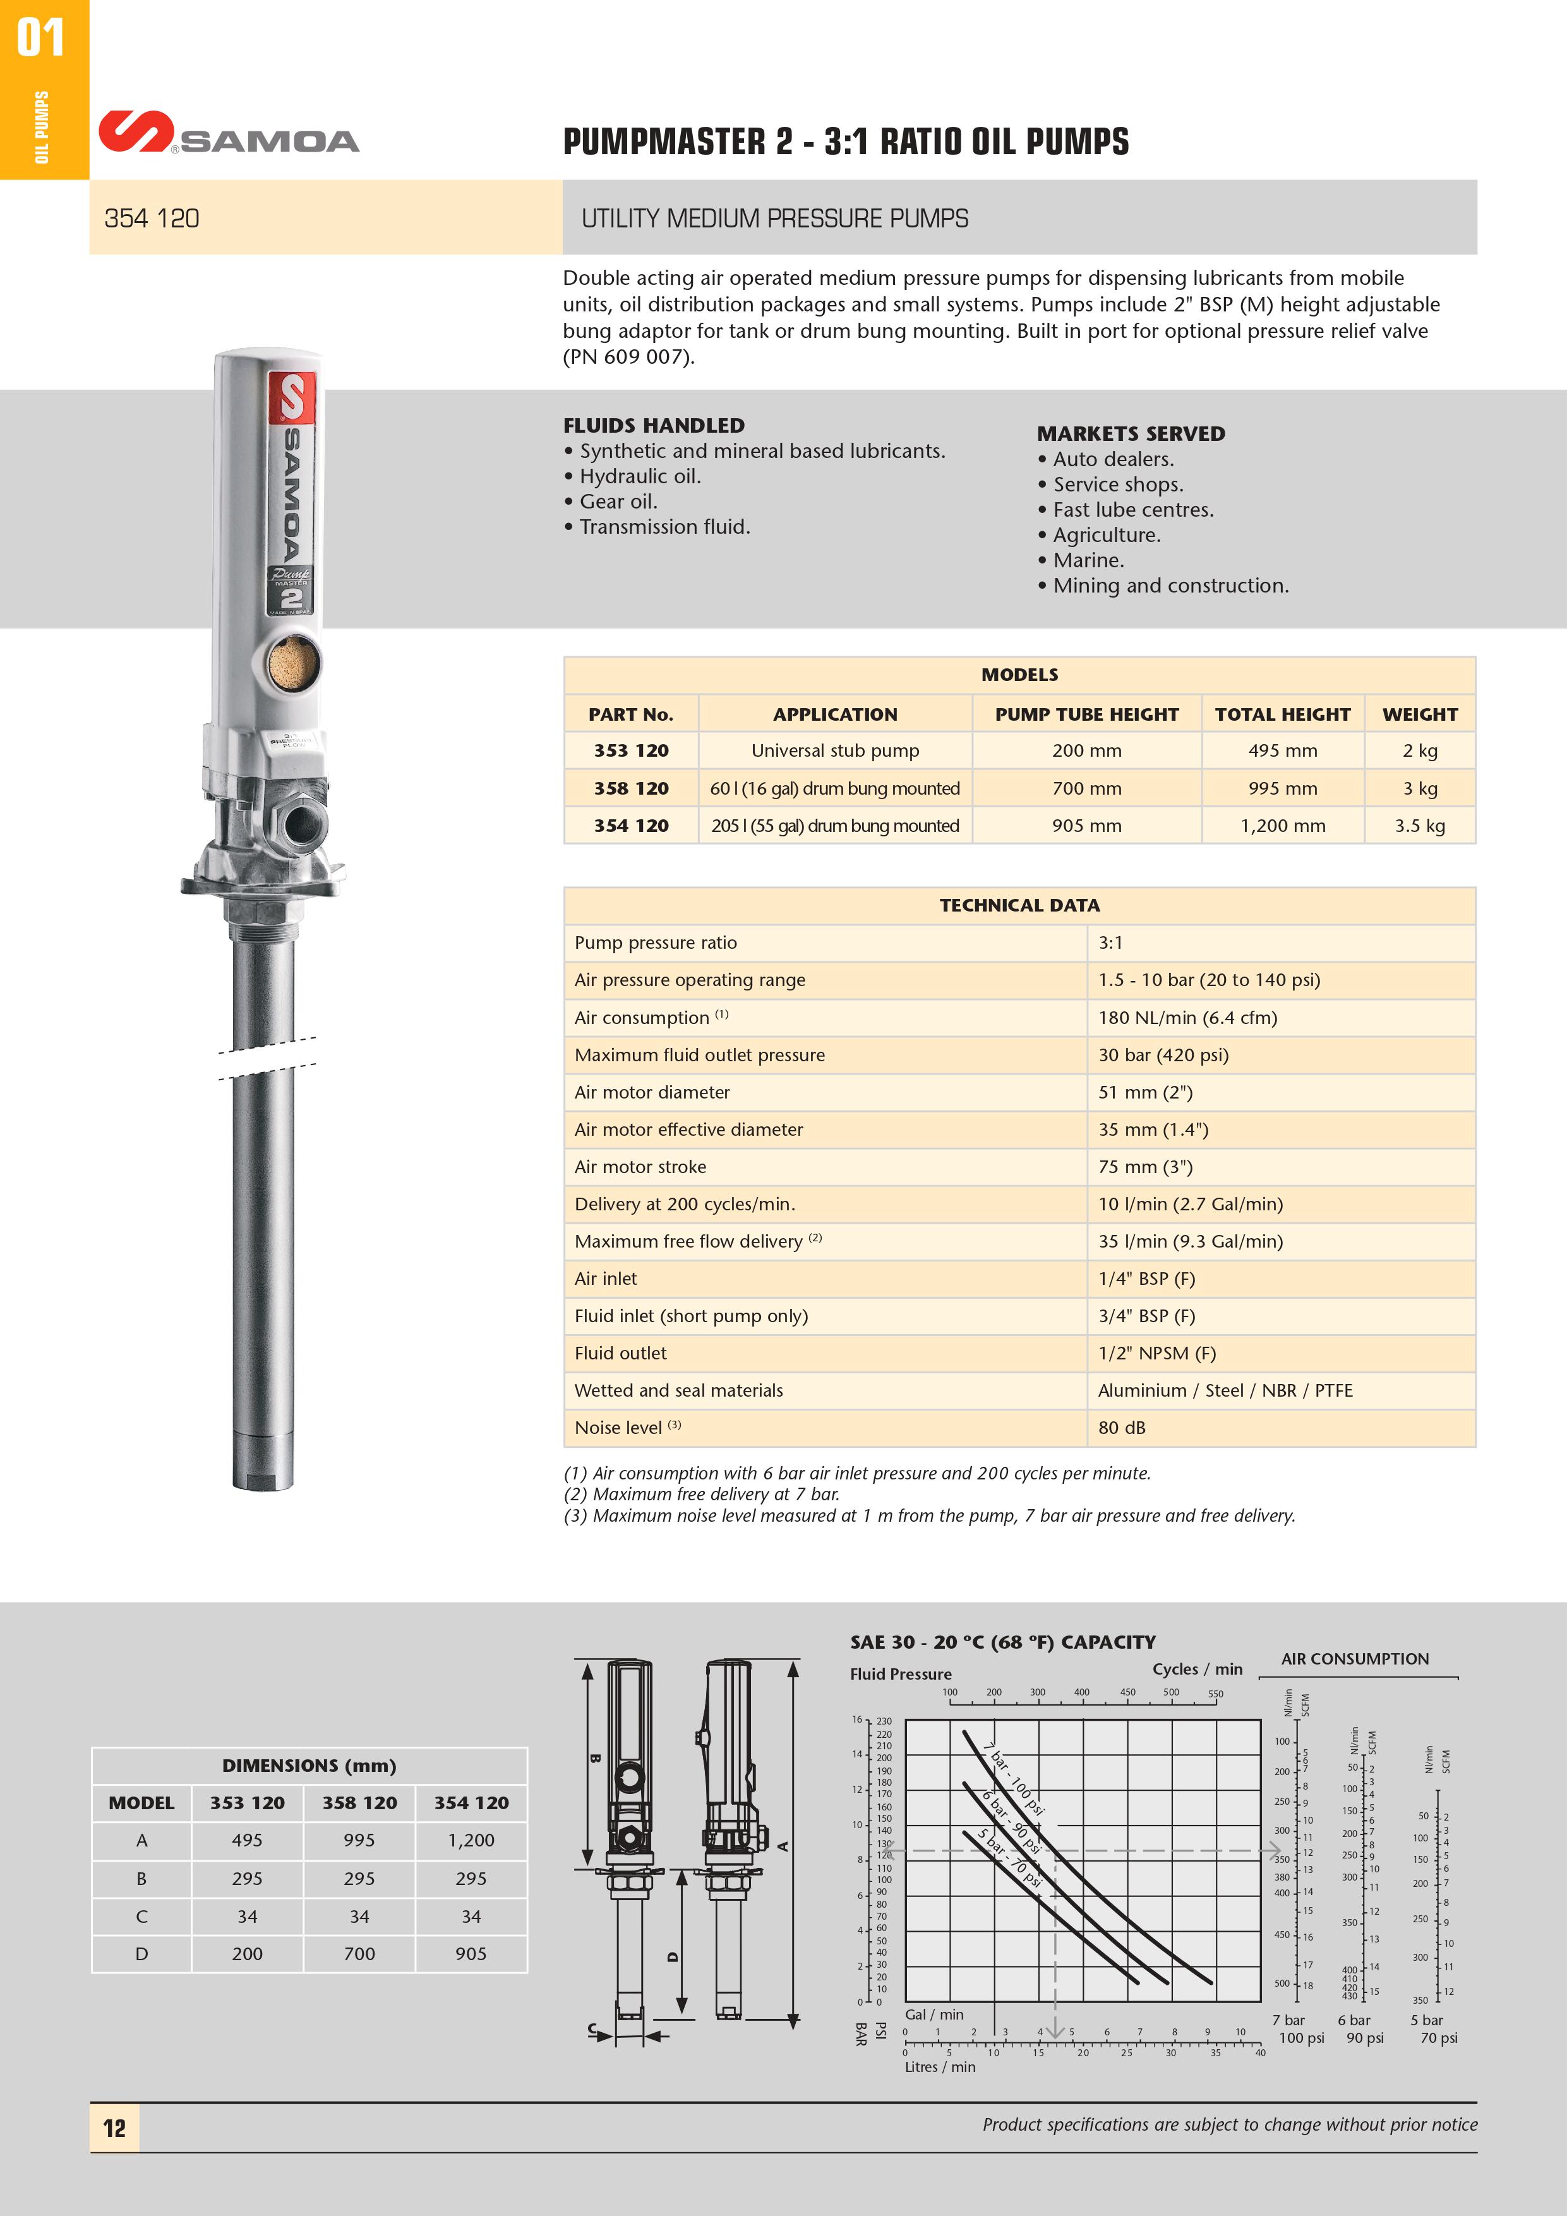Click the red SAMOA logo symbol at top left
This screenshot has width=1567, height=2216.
click(x=136, y=132)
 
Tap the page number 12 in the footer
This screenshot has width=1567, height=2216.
click(x=114, y=2128)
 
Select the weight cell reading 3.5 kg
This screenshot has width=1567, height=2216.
click(x=1419, y=825)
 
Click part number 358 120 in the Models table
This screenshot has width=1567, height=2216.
click(x=631, y=788)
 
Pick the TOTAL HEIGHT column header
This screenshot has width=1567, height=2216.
click(x=1282, y=714)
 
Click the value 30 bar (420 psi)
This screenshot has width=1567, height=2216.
click(x=1163, y=1055)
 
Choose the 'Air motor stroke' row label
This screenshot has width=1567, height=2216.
click(x=640, y=1167)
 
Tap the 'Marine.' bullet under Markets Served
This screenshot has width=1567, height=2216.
click(x=1088, y=560)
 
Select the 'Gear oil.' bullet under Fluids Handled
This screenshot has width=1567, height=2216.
click(x=618, y=501)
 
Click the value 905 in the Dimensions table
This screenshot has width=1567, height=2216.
click(x=471, y=1953)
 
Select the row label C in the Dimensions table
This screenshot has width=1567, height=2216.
click(x=142, y=1916)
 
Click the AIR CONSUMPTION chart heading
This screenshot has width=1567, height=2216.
click(x=1355, y=1659)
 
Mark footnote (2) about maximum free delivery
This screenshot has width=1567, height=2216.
click(x=702, y=1494)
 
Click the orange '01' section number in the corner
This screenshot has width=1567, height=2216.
click(x=40, y=39)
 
